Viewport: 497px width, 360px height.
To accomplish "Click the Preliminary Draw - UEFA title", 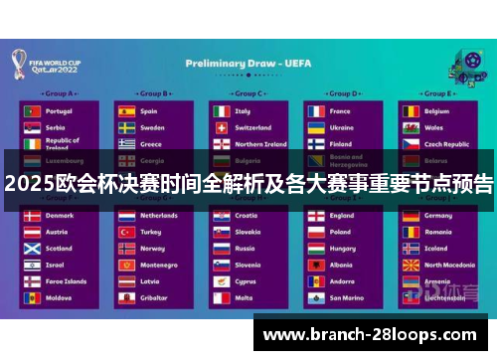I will coord(249,62).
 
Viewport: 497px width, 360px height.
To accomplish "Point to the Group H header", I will coord(248,200).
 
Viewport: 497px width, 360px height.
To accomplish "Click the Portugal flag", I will coord(33,111).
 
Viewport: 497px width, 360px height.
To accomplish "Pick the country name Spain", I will coord(149,111).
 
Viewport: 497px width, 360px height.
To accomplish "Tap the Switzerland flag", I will coord(221,128).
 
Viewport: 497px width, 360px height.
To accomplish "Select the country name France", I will coord(340,111).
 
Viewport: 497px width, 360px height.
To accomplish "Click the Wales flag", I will coord(410,128).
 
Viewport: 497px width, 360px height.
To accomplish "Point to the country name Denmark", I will coord(59,215).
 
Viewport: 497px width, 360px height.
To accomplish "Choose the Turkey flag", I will coord(126,232).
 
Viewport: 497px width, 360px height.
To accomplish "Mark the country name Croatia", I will coord(247,215).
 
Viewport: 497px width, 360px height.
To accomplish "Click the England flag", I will coord(315,215).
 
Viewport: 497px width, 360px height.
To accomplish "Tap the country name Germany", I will coord(438,215).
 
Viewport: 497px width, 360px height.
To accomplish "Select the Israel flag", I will coord(33,265).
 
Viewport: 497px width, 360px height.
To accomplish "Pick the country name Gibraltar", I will coord(154,297).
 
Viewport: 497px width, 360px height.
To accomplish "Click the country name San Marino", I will coord(347,297).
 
